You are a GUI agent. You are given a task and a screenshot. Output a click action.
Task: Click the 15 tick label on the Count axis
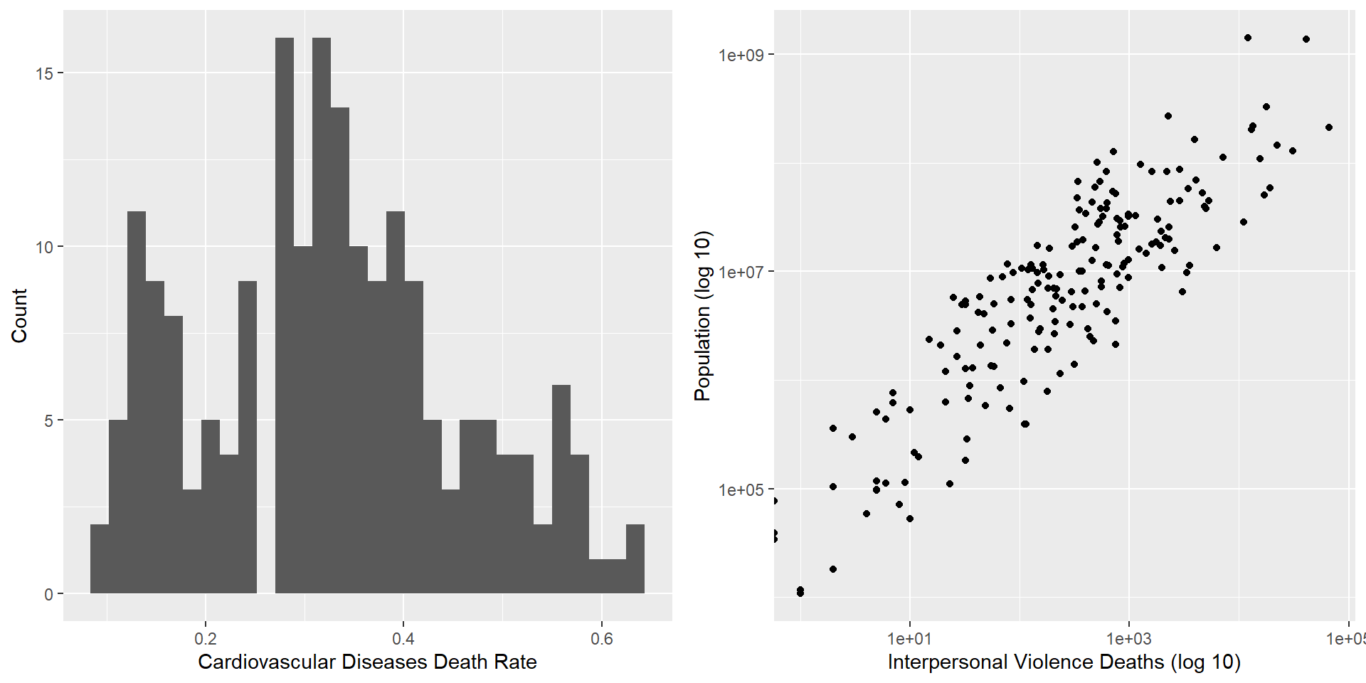[44, 73]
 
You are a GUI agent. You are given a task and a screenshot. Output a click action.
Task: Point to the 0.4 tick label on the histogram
[403, 638]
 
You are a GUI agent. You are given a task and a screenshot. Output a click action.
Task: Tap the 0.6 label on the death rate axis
[601, 638]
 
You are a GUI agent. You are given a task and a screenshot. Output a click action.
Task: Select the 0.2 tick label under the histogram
[206, 638]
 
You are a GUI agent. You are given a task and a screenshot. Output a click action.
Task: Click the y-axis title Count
[19, 315]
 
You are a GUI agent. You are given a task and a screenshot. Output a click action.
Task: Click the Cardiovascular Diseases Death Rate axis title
[367, 662]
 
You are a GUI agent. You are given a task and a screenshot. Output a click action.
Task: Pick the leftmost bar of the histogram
[100, 558]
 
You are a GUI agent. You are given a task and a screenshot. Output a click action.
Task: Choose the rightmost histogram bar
[635, 558]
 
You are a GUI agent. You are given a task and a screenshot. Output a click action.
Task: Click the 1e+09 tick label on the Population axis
[741, 55]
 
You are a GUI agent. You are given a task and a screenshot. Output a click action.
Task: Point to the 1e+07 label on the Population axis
[741, 272]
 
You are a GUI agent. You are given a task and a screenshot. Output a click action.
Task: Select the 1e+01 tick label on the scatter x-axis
[909, 638]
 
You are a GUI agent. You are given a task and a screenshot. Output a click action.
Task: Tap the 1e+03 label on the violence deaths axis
[1128, 638]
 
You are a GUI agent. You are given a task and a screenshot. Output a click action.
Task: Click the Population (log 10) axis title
[702, 315]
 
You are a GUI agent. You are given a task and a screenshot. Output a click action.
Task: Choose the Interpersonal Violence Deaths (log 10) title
[1064, 662]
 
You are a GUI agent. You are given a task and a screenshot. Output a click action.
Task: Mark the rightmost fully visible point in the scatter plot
[1328, 127]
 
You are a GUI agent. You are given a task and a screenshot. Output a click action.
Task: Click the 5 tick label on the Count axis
[48, 420]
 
